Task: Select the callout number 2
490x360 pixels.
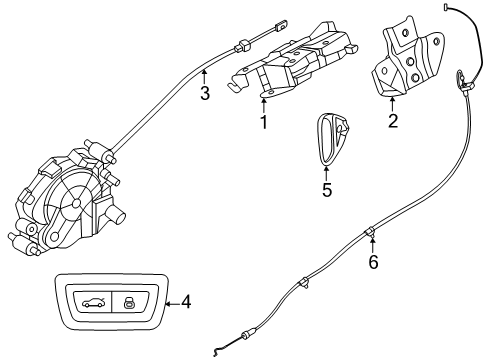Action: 393,122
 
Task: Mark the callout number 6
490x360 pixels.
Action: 374,263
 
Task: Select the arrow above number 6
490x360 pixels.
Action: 374,245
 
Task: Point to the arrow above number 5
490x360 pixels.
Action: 325,168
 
